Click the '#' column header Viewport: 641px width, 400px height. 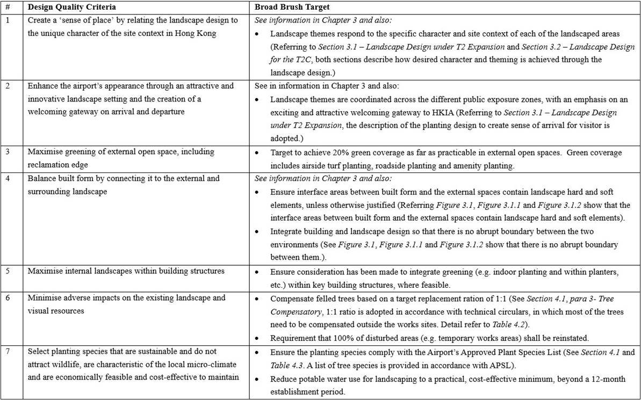pos(6,8)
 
